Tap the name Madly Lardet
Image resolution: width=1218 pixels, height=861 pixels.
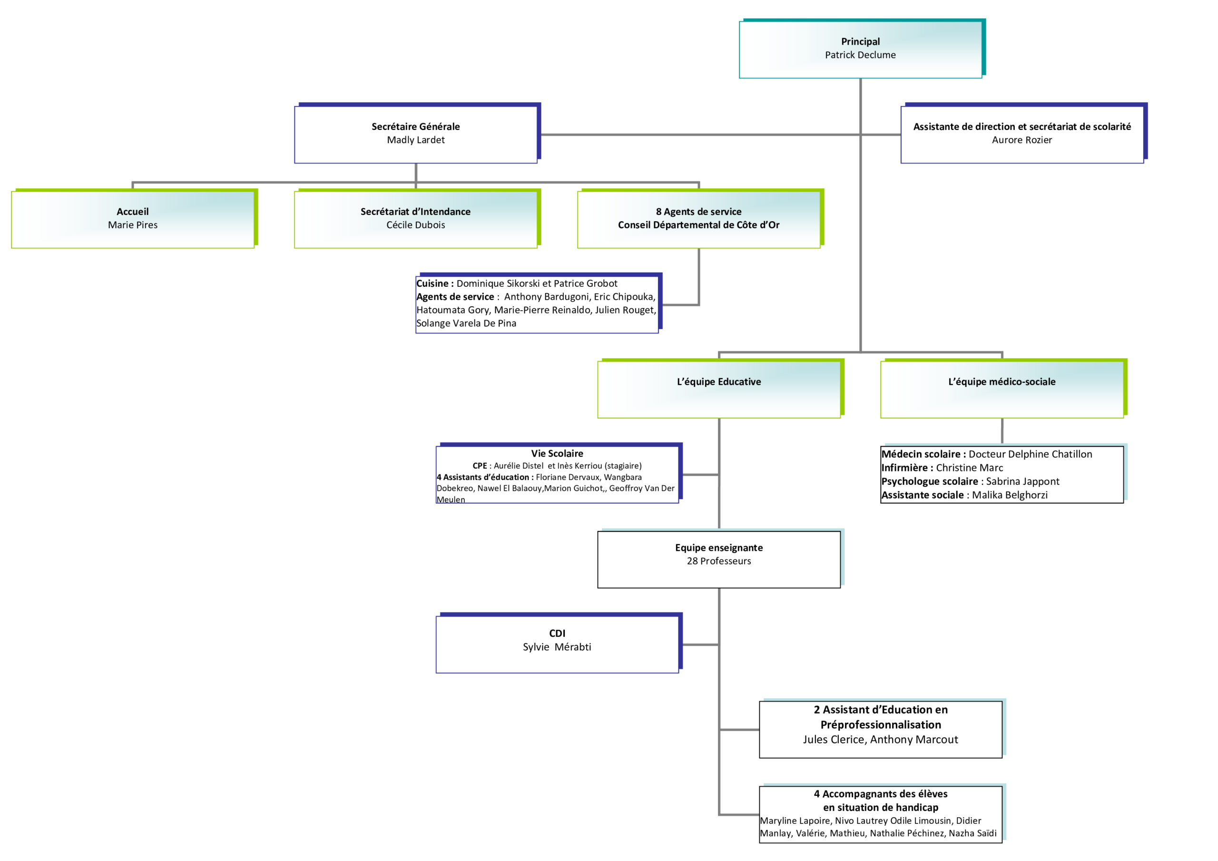click(415, 140)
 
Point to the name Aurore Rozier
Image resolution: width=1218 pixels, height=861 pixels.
click(1022, 140)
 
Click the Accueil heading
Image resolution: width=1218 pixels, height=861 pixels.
click(133, 212)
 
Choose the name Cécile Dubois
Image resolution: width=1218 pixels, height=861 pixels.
click(415, 225)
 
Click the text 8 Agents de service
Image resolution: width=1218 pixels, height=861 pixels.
click(698, 212)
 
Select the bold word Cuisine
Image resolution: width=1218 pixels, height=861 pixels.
click(432, 284)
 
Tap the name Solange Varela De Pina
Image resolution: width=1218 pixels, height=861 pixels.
click(466, 323)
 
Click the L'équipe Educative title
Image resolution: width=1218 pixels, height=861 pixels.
click(719, 382)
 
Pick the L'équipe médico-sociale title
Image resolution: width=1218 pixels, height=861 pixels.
click(1002, 382)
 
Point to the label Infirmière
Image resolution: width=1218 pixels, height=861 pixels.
click(905, 468)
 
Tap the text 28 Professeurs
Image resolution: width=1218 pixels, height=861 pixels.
click(719, 561)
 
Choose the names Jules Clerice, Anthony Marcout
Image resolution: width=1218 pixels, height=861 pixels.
click(880, 740)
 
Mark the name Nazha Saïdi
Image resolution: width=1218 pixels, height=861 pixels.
click(972, 833)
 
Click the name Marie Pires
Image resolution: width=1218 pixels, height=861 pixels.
click(133, 225)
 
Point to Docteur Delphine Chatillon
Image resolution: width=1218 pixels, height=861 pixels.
click(1030, 454)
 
